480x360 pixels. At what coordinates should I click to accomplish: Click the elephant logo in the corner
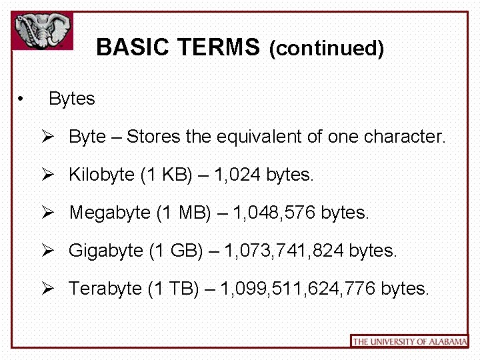tap(43, 31)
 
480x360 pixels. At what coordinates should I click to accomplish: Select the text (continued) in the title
tap(326, 49)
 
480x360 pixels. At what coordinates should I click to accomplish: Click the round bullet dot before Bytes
tap(22, 99)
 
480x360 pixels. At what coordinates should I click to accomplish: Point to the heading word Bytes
tap(72, 99)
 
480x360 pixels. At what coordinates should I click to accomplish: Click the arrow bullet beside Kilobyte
tap(47, 175)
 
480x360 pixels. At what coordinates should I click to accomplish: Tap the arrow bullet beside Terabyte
tap(47, 288)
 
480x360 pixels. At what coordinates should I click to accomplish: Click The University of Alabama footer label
tap(409, 341)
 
